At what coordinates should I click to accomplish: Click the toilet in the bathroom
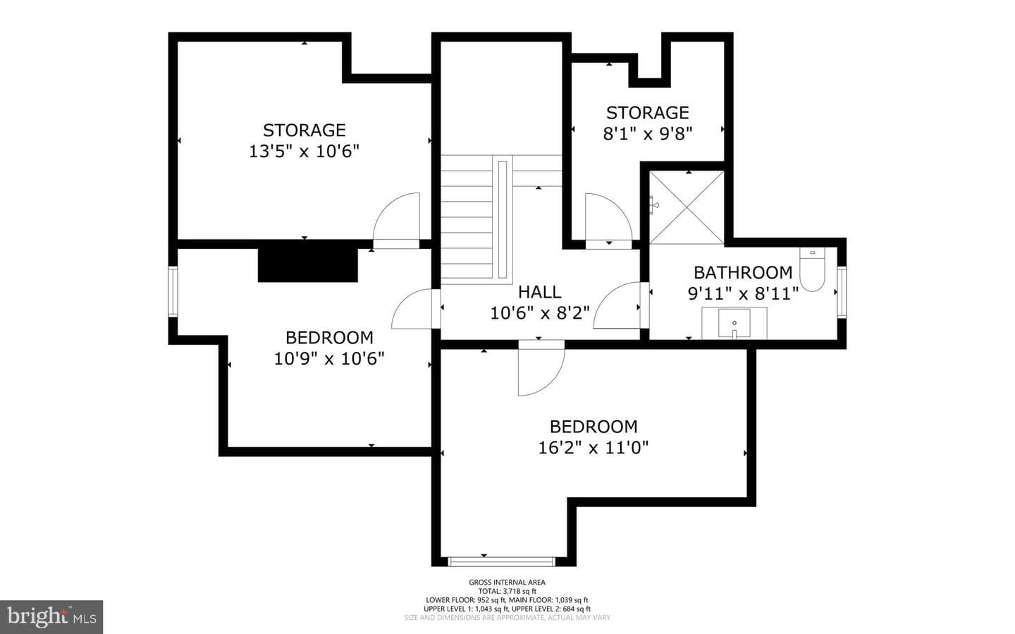(812, 269)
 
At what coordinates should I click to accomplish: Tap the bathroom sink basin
(734, 323)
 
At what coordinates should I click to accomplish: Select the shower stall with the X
(687, 208)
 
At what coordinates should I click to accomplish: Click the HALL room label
(540, 292)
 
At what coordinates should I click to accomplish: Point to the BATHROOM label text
(743, 272)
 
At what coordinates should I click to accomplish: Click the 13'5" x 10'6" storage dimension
(304, 152)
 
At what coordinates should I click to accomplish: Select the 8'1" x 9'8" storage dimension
(648, 134)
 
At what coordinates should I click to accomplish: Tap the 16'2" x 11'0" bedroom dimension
(593, 448)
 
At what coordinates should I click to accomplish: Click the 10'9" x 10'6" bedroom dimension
(329, 359)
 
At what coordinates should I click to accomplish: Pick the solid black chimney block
(307, 265)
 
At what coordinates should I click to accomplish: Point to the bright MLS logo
(51, 617)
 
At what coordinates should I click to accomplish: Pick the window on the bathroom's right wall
(842, 292)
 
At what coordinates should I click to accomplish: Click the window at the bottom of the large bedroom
(502, 562)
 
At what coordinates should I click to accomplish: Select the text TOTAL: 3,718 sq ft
(507, 591)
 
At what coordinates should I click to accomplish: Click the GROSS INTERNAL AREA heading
(507, 583)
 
